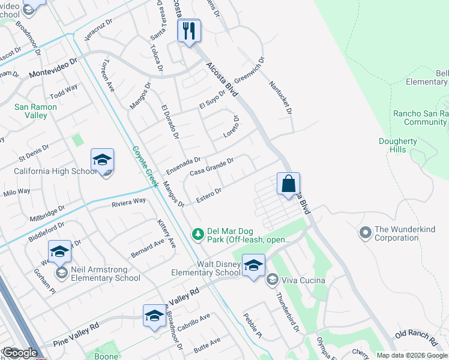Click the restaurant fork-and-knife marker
coord(189,31)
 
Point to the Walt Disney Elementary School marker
coord(253,266)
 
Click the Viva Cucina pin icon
coord(272,280)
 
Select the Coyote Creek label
coord(145,166)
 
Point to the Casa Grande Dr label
coord(211,167)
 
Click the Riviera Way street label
coord(128,202)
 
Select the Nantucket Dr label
coord(280,98)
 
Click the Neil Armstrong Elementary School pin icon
coord(61,273)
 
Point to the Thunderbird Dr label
coord(288,311)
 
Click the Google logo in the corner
coord(20,353)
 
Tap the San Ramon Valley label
coord(35,111)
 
